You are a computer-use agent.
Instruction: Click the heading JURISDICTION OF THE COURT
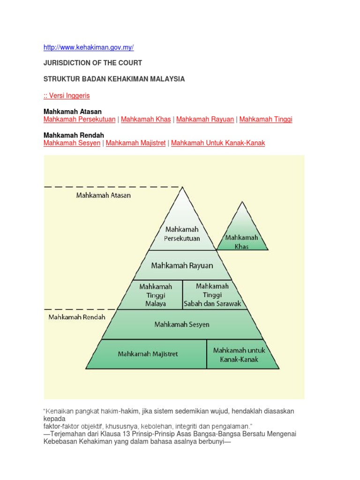click(x=92, y=63)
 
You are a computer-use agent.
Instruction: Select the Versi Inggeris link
click(x=67, y=96)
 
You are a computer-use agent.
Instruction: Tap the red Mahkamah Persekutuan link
click(x=79, y=119)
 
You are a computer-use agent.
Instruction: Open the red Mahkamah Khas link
click(x=146, y=119)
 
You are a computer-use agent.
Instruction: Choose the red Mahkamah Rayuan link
click(x=205, y=119)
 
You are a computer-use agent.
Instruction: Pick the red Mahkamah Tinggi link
click(x=265, y=119)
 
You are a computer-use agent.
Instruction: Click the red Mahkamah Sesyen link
click(x=72, y=143)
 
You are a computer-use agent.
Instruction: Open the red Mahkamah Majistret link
click(x=135, y=143)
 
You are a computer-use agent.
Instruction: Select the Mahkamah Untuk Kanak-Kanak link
click(x=218, y=143)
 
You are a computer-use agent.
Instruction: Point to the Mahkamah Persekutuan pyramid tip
click(x=182, y=230)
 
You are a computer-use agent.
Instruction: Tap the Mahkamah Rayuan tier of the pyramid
click(x=182, y=265)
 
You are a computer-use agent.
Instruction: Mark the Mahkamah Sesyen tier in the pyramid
click(x=182, y=324)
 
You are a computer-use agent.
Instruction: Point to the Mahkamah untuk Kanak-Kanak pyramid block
click(x=239, y=355)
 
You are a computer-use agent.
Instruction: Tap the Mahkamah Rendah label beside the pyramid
click(x=77, y=317)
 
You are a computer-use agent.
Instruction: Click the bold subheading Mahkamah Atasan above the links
click(x=72, y=112)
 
